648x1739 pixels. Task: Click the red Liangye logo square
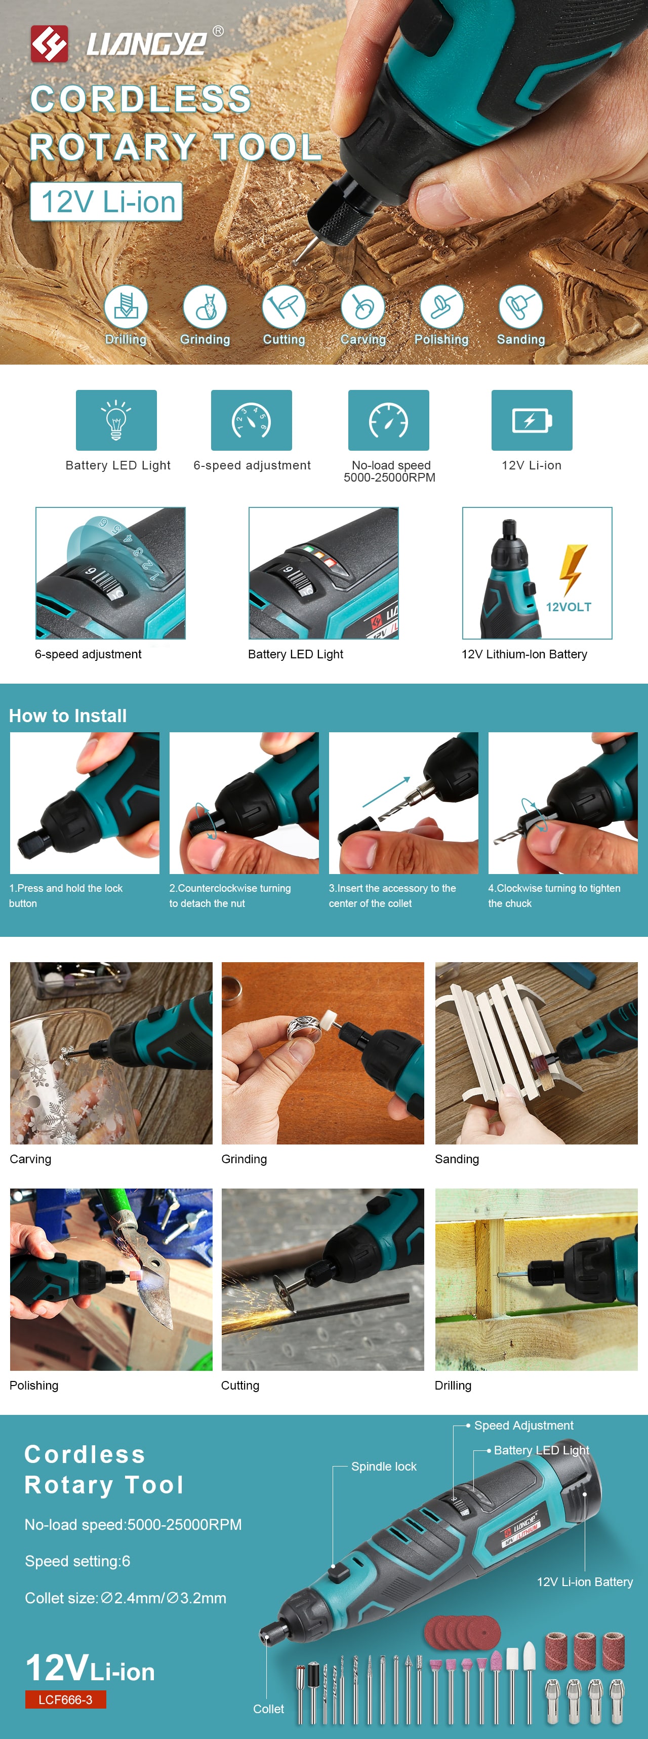(49, 44)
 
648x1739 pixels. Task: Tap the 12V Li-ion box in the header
(106, 201)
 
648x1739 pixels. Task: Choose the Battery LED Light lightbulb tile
(116, 420)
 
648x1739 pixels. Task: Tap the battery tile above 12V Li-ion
(532, 420)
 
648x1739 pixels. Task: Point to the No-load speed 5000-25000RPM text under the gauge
(390, 471)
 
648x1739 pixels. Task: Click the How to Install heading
(67, 716)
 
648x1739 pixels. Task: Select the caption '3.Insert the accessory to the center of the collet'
(392, 896)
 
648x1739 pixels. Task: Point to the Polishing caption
(34, 1385)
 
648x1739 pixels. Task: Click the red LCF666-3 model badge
(65, 1699)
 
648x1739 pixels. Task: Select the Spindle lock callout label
(384, 1466)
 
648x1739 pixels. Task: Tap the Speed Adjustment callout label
(524, 1425)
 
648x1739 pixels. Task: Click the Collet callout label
(269, 1709)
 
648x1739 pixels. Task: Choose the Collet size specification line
(126, 1598)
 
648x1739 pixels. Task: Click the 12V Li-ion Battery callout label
(585, 1582)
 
